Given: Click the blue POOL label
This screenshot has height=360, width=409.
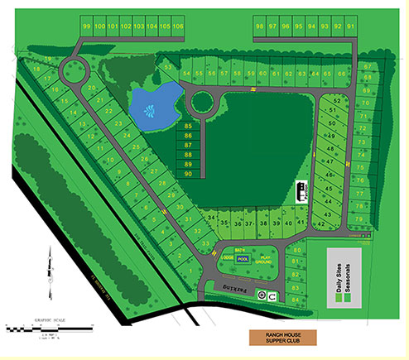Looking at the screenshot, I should coord(243,258).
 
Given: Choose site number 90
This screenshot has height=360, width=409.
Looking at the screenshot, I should coord(189,174).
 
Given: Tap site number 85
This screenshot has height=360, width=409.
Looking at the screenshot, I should coord(189,126).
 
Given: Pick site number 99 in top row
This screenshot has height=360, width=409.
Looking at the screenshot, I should coord(87,26).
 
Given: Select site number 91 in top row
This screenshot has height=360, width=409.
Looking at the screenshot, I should coord(350,26).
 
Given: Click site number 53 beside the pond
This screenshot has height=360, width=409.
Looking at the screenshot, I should coord(168,67).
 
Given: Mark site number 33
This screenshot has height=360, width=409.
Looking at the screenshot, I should coord(206,244).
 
